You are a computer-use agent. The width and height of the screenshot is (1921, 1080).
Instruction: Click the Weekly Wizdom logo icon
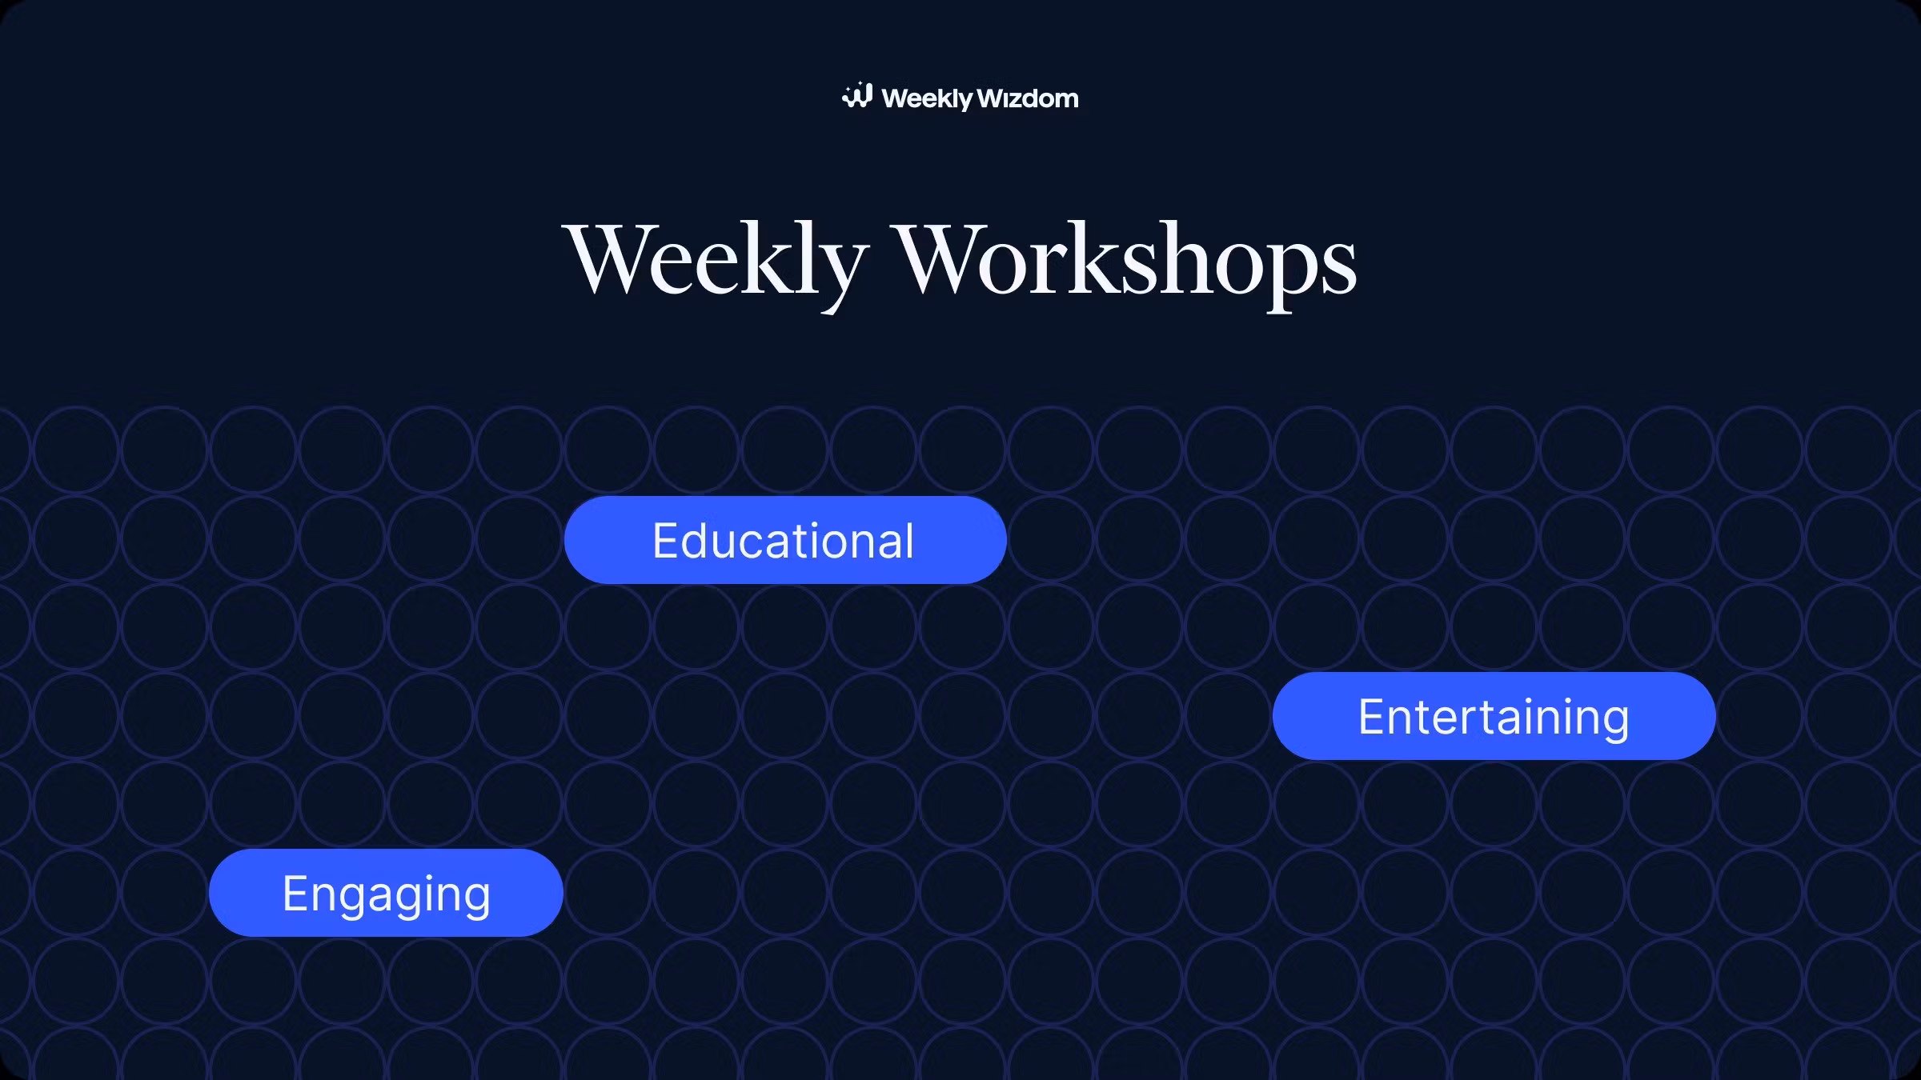[856, 95]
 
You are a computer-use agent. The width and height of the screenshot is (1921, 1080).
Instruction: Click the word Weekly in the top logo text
[927, 99]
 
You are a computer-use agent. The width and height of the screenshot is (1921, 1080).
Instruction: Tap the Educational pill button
[785, 540]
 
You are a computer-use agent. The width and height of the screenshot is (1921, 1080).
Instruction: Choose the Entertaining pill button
[1494, 716]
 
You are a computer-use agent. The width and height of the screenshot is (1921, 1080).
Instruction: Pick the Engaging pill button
[386, 893]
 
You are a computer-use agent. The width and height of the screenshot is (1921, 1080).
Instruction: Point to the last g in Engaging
[475, 900]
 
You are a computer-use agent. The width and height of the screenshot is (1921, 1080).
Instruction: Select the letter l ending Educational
[908, 540]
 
